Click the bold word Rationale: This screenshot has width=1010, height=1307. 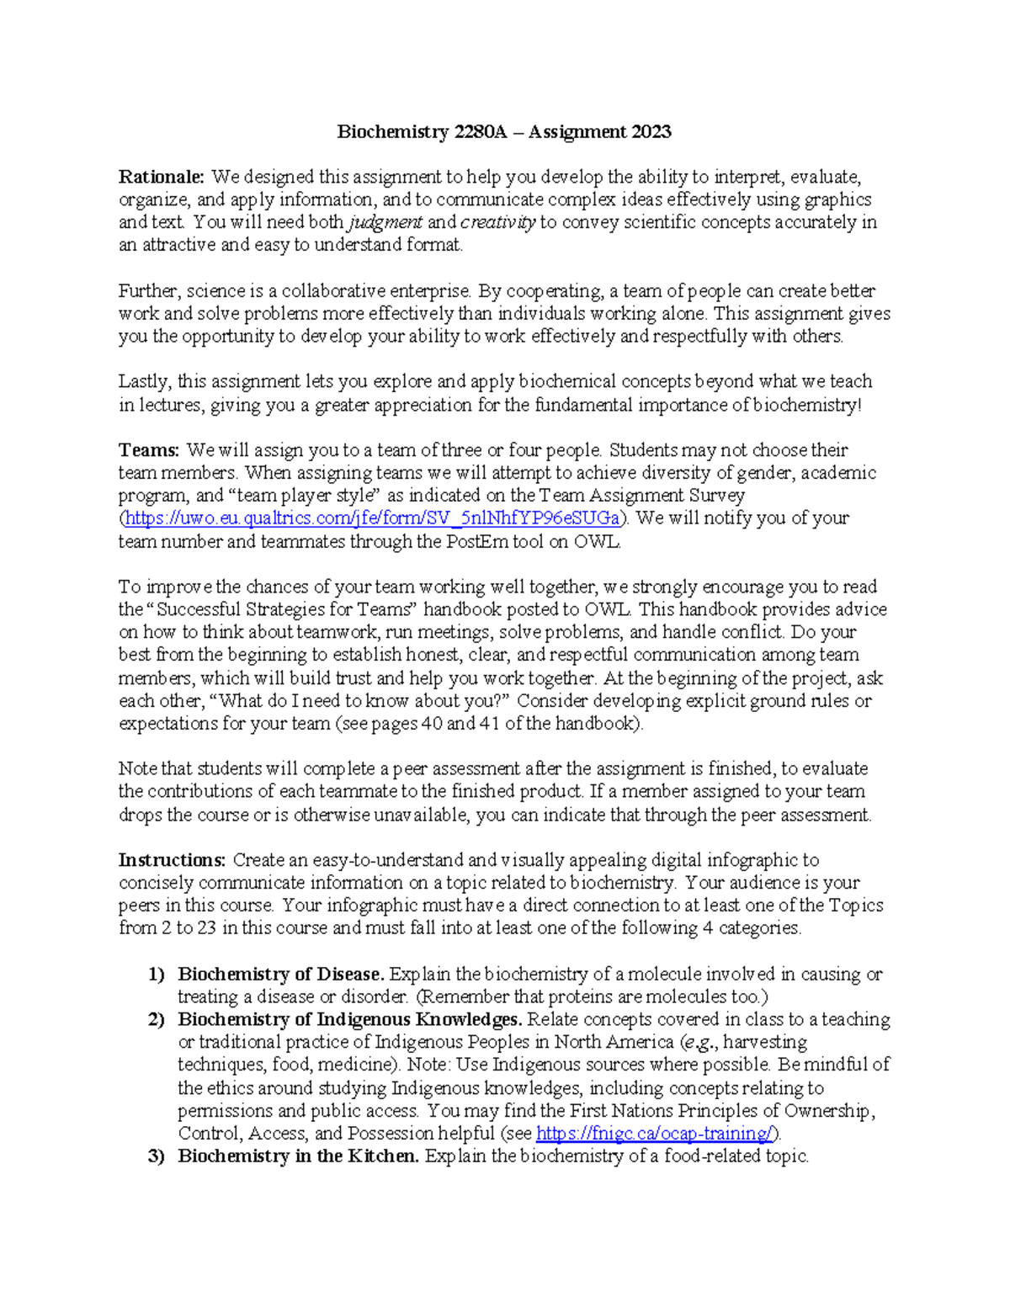(161, 177)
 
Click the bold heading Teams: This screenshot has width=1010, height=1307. (149, 450)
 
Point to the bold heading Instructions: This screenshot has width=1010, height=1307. (172, 860)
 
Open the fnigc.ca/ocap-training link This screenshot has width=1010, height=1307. (654, 1133)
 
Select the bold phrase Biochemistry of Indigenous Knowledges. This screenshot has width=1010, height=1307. (350, 1019)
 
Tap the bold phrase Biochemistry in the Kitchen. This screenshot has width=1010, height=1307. (298, 1156)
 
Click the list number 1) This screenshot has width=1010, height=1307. (157, 974)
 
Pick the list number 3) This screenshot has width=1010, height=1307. (157, 1156)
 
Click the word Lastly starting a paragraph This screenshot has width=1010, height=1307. (144, 382)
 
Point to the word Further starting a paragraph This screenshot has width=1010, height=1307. (148, 291)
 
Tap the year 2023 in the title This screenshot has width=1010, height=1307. (650, 131)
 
